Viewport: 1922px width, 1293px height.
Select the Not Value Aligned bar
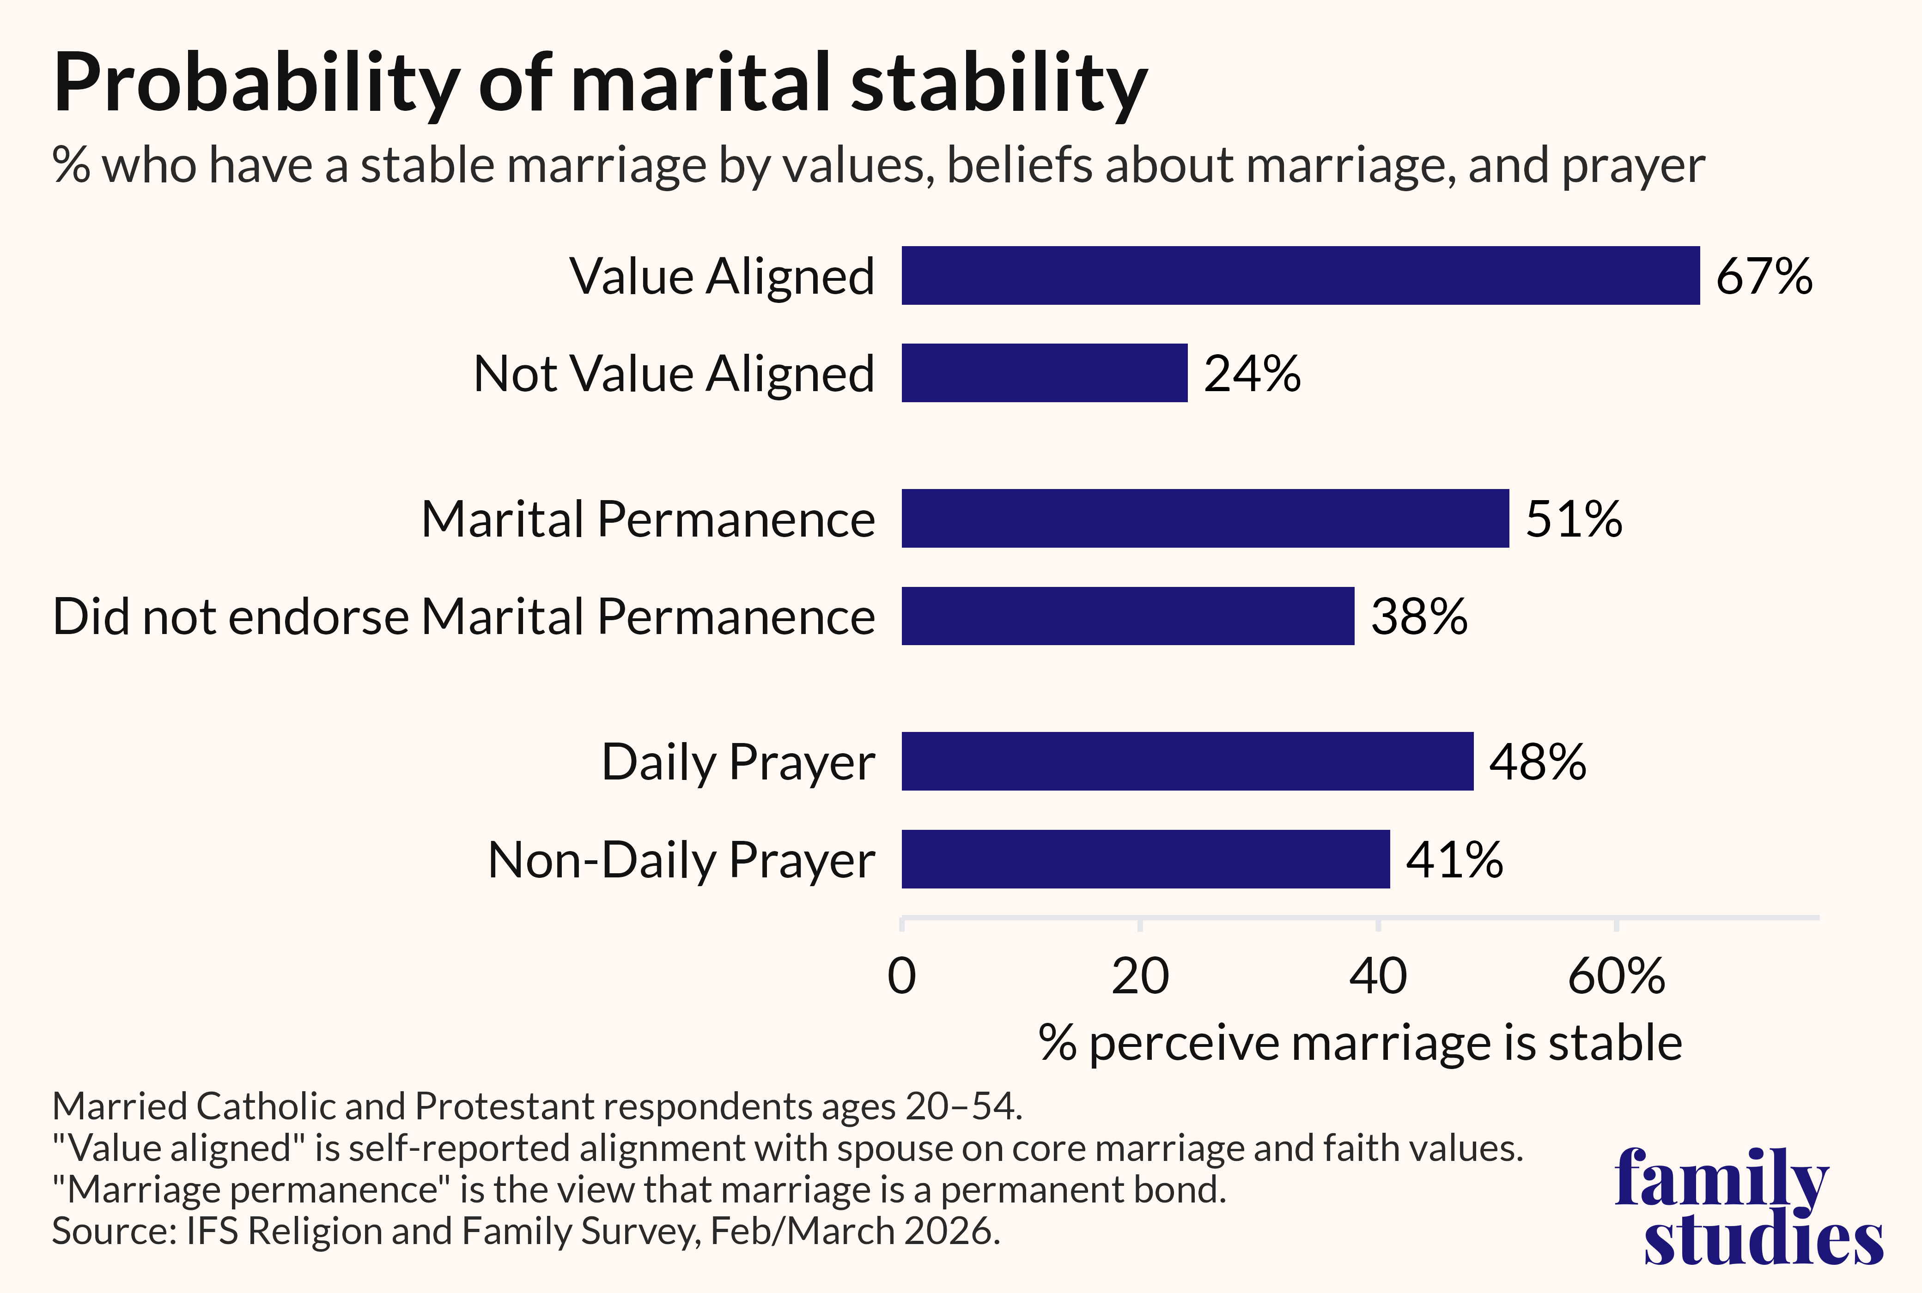point(1044,373)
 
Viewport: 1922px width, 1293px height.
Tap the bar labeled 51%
point(1205,518)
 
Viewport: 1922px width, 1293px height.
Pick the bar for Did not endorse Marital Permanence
point(1128,616)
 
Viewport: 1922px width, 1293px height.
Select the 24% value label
point(1252,374)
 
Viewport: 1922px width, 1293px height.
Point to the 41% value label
point(1454,860)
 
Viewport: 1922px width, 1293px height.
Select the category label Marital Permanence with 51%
point(648,520)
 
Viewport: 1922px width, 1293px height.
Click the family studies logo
point(1749,1206)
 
